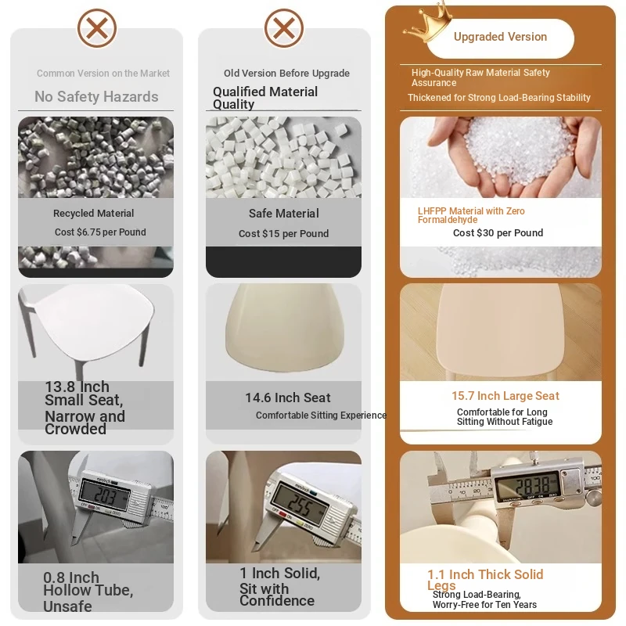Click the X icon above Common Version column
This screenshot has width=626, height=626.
point(97,28)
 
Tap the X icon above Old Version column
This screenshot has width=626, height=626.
point(284,28)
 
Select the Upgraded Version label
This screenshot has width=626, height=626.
point(500,37)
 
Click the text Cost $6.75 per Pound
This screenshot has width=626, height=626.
point(100,232)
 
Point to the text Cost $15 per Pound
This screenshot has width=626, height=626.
point(283,233)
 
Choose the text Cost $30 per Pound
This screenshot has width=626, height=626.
point(498,232)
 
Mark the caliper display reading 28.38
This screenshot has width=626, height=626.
point(527,485)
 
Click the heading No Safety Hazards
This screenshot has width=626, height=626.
point(96,96)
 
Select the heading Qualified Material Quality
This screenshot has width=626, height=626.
point(265,98)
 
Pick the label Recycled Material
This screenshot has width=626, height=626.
point(93,213)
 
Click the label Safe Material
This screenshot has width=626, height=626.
point(284,214)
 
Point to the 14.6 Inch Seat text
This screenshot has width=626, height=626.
point(288,398)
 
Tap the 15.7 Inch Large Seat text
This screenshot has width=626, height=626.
point(505,396)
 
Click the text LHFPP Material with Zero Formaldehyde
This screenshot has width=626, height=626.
point(471,215)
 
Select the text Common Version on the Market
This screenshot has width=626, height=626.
point(103,74)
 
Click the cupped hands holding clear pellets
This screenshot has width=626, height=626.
point(514,157)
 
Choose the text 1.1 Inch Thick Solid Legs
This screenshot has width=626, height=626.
point(485,579)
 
